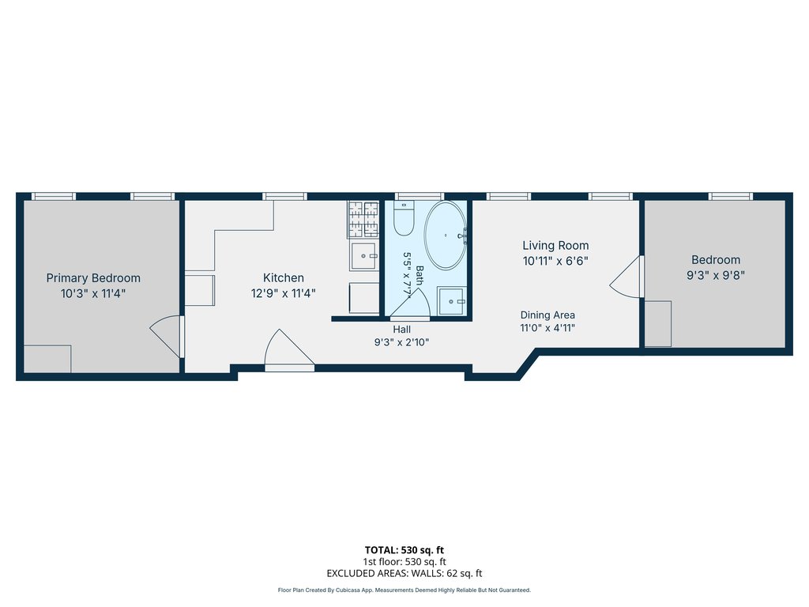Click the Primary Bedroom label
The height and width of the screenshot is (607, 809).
93,278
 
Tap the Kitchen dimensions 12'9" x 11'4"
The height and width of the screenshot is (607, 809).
284,294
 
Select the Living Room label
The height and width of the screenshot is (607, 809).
555,246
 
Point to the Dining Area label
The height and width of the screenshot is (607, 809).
547,315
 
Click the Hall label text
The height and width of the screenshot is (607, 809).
402,330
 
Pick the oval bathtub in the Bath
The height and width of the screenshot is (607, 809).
446,235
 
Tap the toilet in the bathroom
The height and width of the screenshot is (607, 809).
404,218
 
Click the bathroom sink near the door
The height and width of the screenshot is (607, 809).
452,301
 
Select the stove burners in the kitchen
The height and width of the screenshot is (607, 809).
363,219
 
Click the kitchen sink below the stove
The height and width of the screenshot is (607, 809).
364,255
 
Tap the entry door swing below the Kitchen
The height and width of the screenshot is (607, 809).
289,349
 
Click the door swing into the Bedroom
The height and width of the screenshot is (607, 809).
627,277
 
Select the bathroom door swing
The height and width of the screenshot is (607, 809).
410,303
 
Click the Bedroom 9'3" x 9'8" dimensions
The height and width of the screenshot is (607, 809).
716,276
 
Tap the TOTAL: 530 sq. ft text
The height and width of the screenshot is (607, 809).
404,550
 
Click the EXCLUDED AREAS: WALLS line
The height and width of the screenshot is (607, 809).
404,574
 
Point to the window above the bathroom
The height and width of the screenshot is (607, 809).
419,196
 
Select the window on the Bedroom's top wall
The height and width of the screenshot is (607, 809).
731,196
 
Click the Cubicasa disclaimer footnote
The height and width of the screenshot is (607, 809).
404,590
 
